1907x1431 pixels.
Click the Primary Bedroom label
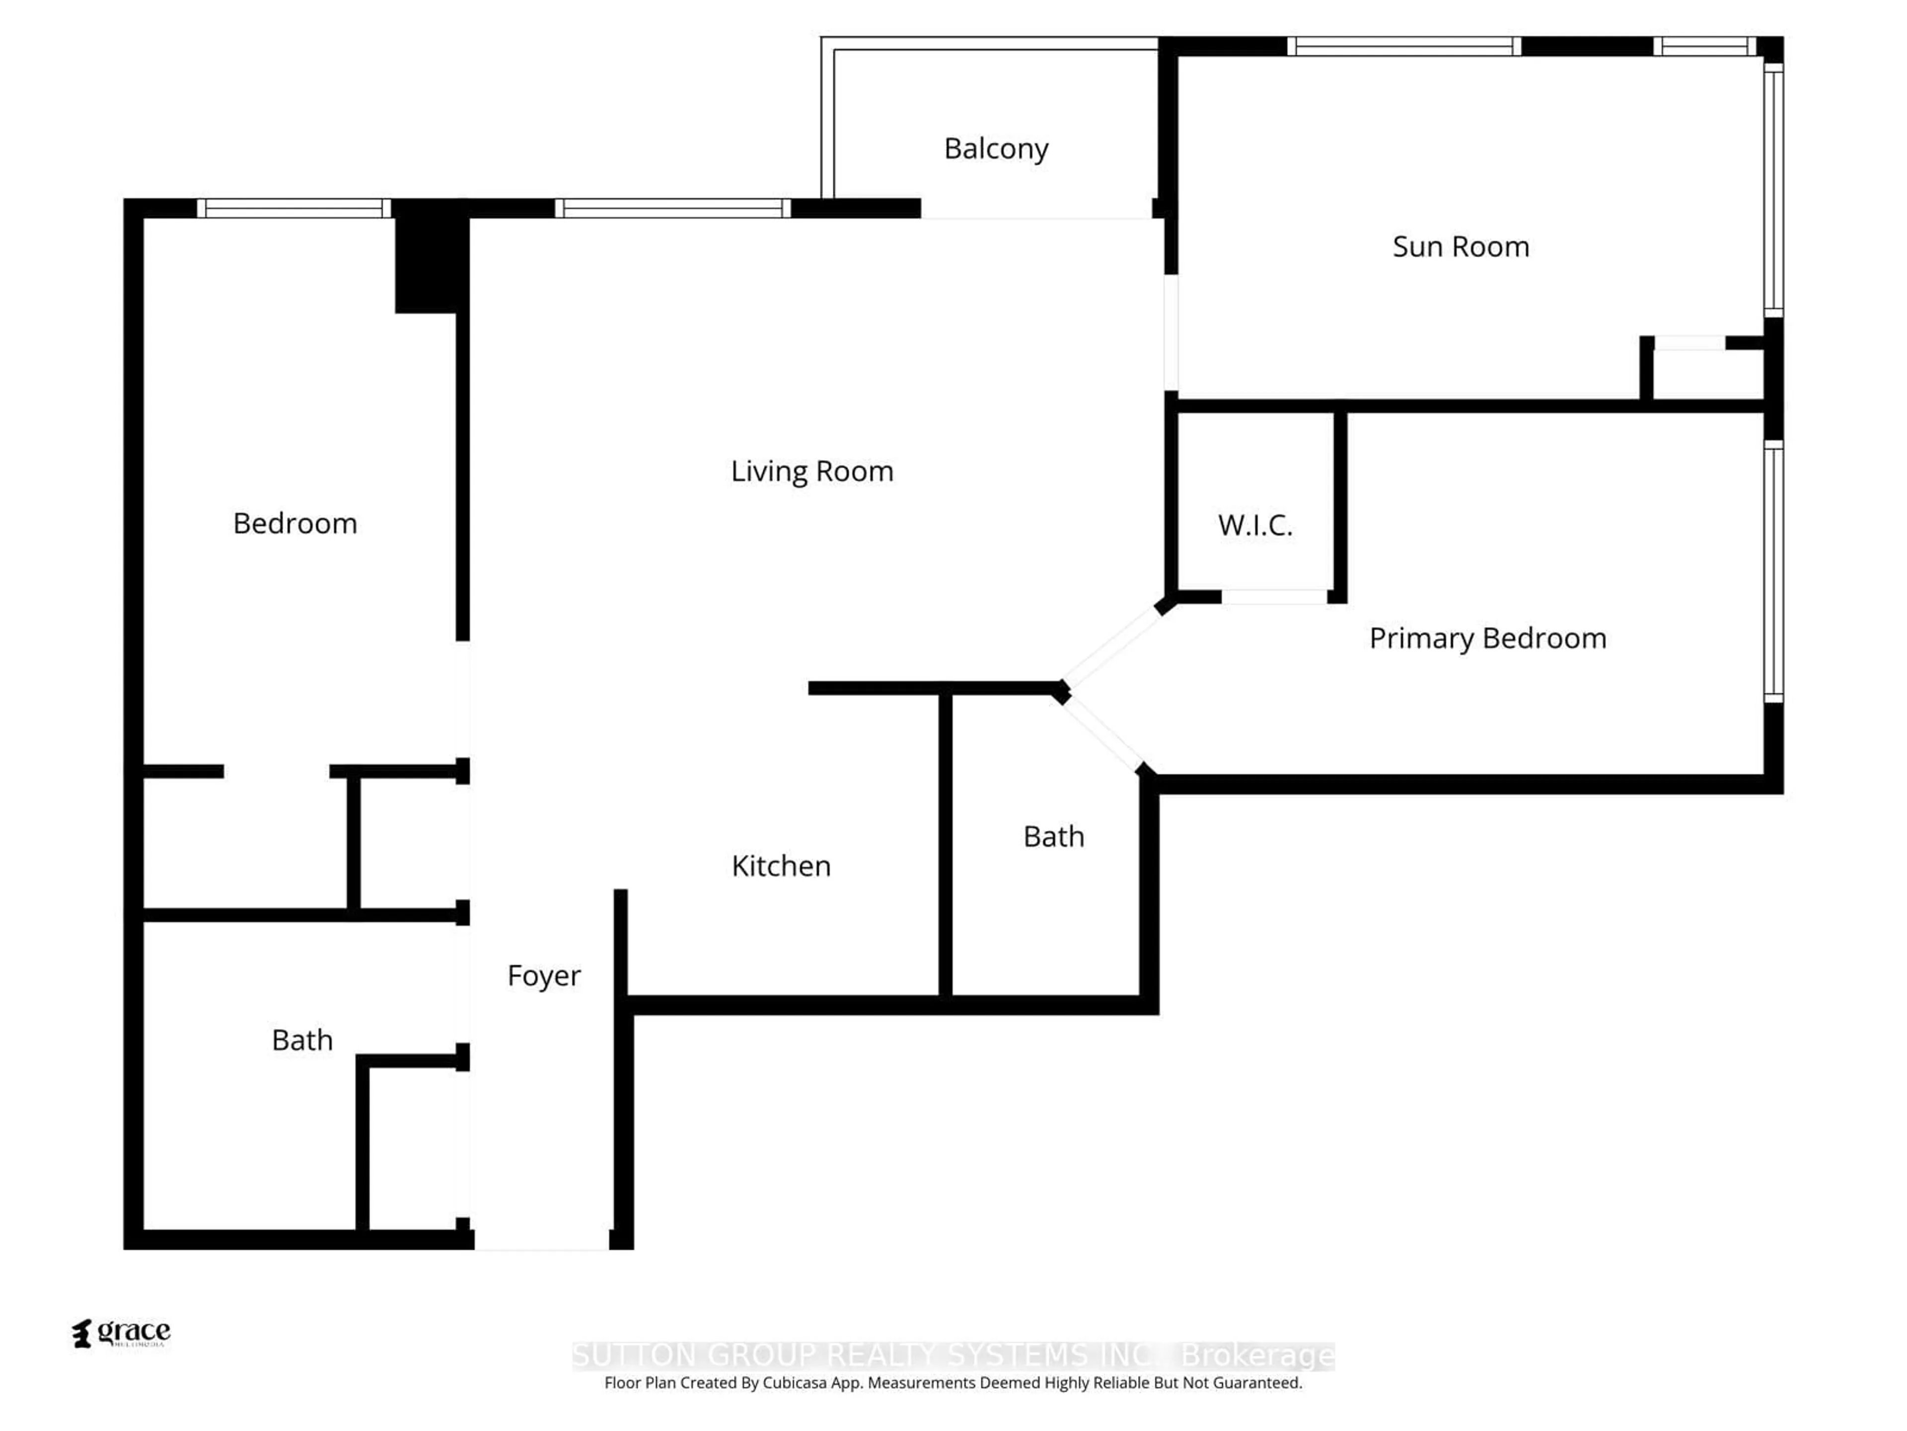click(1487, 638)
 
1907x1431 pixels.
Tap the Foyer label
click(543, 975)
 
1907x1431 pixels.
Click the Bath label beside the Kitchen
click(1053, 837)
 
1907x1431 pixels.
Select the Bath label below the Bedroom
click(302, 1040)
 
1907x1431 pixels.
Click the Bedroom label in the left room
click(295, 524)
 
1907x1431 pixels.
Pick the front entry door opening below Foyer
click(542, 1240)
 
